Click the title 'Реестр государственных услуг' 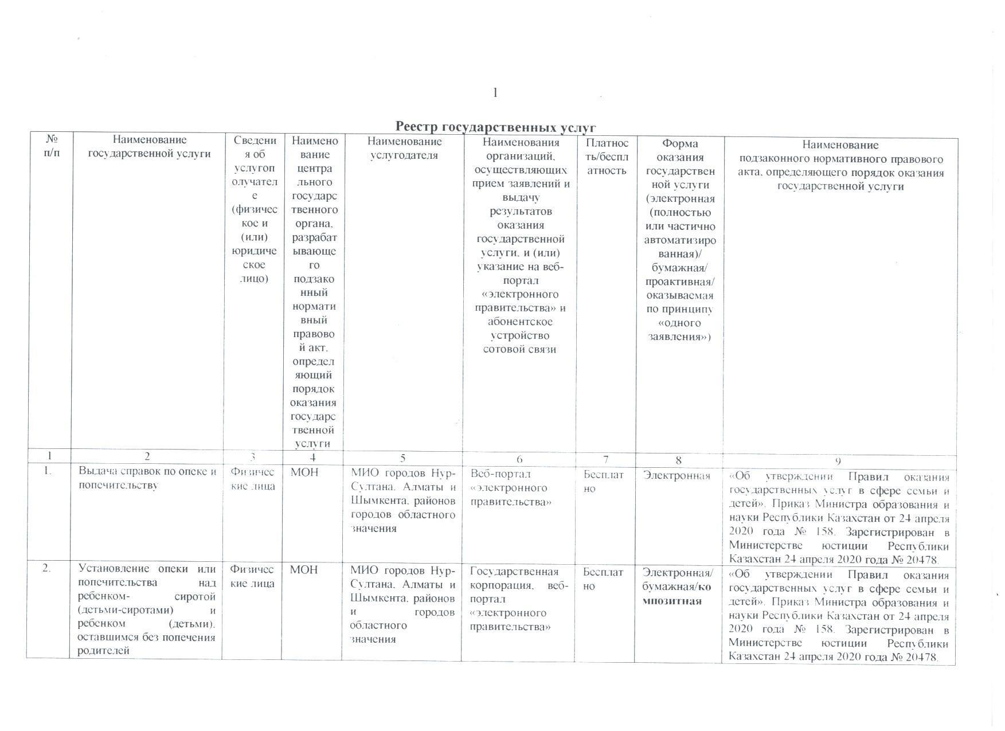click(x=495, y=127)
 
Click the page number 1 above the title click(x=495, y=93)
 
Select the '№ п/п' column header click(x=51, y=146)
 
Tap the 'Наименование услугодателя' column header click(x=404, y=147)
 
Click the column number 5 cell click(x=402, y=458)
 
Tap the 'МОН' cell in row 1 click(x=304, y=474)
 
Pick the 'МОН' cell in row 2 click(x=304, y=570)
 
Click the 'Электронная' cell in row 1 click(x=676, y=475)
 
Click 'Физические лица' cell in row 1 click(x=252, y=479)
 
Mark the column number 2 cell click(x=147, y=457)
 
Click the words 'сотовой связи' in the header click(x=519, y=349)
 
